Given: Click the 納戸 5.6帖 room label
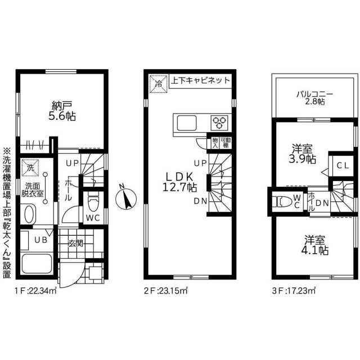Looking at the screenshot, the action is (x=62, y=111).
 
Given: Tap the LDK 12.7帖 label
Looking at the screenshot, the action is (x=179, y=182).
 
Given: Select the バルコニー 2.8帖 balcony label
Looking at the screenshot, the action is (x=314, y=98).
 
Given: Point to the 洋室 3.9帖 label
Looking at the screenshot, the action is (x=302, y=154).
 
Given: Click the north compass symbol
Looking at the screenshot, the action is (x=125, y=198).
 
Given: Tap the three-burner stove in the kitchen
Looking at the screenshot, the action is (x=219, y=123).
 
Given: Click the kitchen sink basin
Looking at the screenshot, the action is (x=187, y=123).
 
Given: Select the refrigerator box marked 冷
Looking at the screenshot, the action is (x=158, y=84).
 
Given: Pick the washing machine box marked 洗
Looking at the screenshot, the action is (x=30, y=168).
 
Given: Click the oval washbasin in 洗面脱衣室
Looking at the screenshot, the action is (x=29, y=214).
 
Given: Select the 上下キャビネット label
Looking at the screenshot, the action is (x=201, y=80).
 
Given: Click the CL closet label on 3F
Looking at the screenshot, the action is (x=343, y=165).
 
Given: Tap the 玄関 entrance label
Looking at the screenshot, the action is (x=75, y=244).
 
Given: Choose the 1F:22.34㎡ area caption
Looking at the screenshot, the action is (x=35, y=291).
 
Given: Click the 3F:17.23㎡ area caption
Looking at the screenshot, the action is (x=294, y=291).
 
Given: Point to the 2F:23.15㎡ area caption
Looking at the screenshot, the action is (x=166, y=291).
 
